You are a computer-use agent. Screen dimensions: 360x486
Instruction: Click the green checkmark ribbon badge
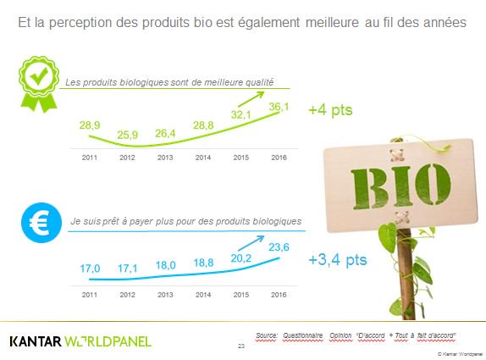click(x=37, y=81)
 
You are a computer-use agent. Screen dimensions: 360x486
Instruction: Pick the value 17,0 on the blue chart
click(x=91, y=269)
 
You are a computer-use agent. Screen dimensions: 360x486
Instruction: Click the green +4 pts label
click(x=330, y=110)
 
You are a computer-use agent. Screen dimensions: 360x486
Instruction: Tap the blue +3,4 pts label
click(x=338, y=259)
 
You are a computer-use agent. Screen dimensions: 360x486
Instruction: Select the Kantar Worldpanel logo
click(x=80, y=341)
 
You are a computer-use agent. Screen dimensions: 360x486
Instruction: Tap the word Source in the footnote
click(x=266, y=336)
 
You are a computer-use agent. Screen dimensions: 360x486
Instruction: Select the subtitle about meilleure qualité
click(x=170, y=82)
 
